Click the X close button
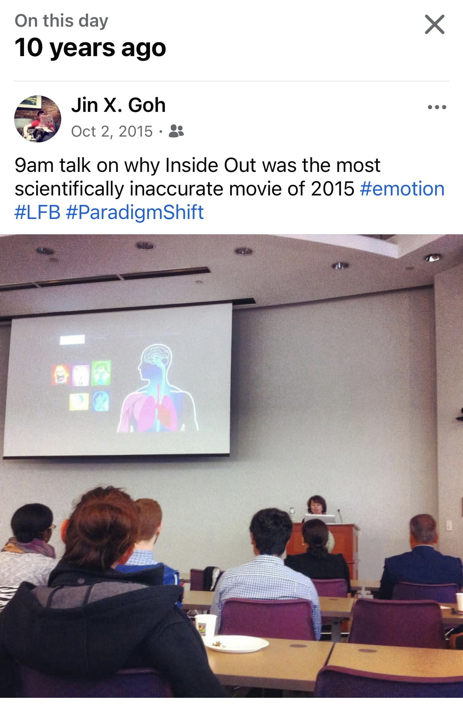[434, 24]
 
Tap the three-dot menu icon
[437, 107]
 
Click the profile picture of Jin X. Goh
[38, 119]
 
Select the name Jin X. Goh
[118, 105]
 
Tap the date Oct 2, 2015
[112, 131]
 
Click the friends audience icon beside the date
[176, 131]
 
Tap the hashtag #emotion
[402, 189]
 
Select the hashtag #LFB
[38, 212]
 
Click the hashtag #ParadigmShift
[135, 212]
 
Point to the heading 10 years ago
[90, 48]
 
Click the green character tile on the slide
[101, 372]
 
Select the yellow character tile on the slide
[79, 402]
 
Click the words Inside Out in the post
[191, 165]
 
